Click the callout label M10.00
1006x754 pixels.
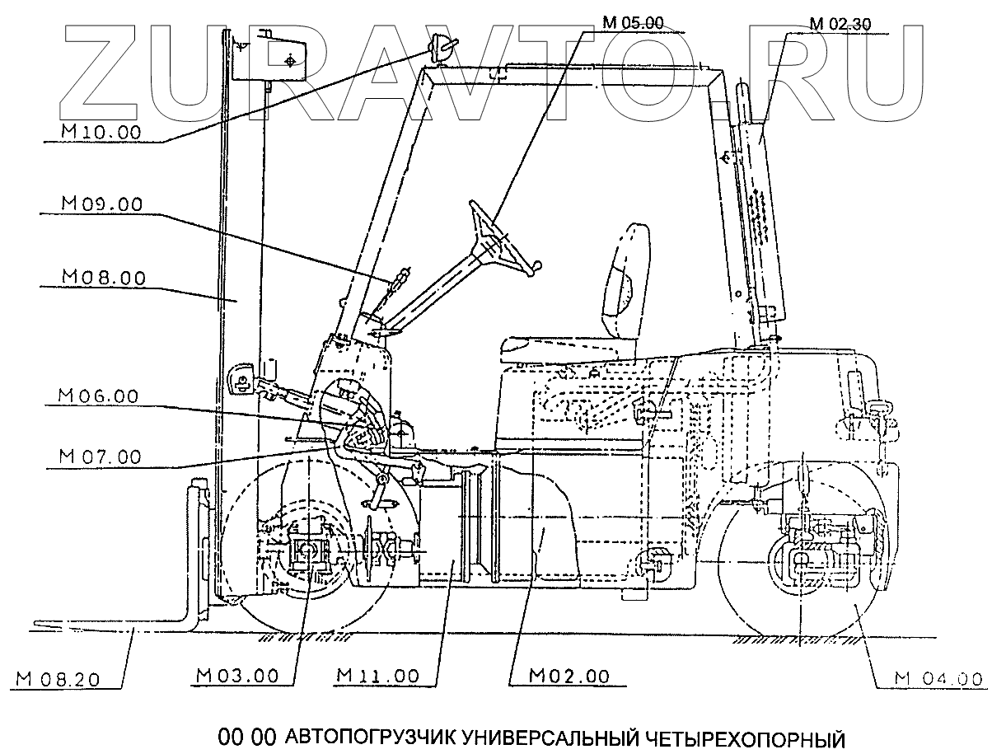[x=101, y=132]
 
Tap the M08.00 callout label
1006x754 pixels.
[x=104, y=278]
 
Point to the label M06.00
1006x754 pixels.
[x=98, y=396]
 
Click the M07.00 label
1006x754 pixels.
[x=100, y=456]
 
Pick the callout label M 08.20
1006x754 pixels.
[x=58, y=679]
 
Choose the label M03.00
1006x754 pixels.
[x=238, y=676]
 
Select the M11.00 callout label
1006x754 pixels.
[x=378, y=676]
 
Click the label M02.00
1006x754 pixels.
[x=569, y=676]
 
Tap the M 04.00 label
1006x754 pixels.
[x=938, y=679]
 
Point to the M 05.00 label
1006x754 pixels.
[x=632, y=22]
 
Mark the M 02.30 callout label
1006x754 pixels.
[x=838, y=23]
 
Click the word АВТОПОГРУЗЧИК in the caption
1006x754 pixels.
[x=367, y=736]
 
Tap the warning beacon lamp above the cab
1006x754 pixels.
[x=439, y=52]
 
